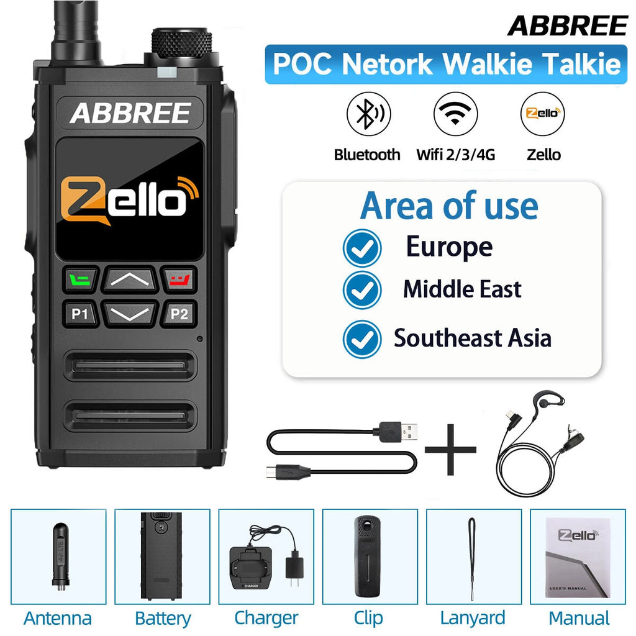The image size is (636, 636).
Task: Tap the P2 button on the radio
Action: (x=179, y=314)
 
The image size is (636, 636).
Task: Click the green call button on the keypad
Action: (x=80, y=279)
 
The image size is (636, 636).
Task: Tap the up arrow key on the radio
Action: (x=130, y=279)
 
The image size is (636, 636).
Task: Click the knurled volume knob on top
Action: (x=181, y=45)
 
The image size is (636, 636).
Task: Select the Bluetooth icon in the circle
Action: (x=368, y=114)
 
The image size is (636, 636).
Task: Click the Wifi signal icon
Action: (x=455, y=114)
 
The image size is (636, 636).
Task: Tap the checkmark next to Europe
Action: (x=362, y=248)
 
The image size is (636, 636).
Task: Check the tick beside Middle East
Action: (x=362, y=290)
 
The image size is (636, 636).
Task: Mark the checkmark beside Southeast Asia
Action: (x=362, y=340)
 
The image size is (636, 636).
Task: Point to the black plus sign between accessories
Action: (x=450, y=450)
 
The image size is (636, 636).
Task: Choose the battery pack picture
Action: (x=162, y=556)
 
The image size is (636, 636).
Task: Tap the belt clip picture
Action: (x=368, y=556)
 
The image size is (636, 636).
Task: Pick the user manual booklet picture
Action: (x=578, y=557)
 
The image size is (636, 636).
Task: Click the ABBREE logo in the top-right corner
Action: (x=568, y=26)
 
